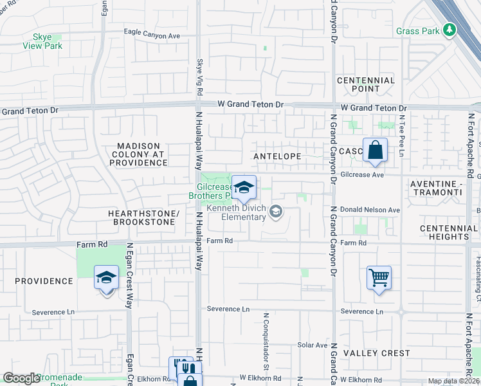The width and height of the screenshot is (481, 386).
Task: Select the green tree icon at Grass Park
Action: [450, 30]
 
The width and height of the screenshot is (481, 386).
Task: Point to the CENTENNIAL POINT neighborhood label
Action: [366, 84]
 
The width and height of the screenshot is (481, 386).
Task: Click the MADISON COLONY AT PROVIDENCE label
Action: [138, 154]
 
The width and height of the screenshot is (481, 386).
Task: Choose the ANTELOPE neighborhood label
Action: [277, 156]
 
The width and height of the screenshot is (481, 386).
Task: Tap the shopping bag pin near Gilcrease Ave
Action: [375, 151]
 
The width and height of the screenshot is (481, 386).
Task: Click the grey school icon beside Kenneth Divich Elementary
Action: [276, 212]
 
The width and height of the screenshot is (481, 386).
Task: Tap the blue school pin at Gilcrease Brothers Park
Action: [244, 187]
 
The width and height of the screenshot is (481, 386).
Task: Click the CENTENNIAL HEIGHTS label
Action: [448, 232]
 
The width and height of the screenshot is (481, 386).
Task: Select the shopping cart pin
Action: [379, 278]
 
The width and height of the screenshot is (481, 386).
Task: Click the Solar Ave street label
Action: [313, 345]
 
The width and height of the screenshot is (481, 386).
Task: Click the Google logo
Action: [21, 378]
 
